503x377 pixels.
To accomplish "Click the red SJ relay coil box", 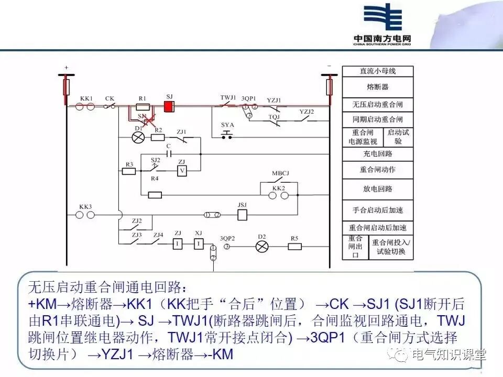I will tap(169, 106).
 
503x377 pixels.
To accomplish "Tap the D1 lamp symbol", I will tap(138, 138).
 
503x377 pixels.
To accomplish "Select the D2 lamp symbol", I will tap(261, 246).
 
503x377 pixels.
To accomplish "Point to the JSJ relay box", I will tap(242, 215).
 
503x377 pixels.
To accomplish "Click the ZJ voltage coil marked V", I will tap(182, 171).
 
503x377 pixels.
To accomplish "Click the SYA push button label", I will tap(227, 125).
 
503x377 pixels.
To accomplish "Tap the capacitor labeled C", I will tap(168, 154).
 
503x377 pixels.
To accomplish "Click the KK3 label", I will tap(86, 207).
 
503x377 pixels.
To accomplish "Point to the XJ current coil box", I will tap(199, 243).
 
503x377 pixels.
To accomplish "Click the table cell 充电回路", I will tap(378, 154).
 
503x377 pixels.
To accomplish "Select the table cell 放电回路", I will tap(378, 188).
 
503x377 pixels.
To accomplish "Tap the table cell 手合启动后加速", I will tap(378, 210).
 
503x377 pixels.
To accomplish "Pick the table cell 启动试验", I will tap(398, 137).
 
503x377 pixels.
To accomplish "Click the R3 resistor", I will tap(129, 171).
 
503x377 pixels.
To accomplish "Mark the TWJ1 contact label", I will tap(228, 98).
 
